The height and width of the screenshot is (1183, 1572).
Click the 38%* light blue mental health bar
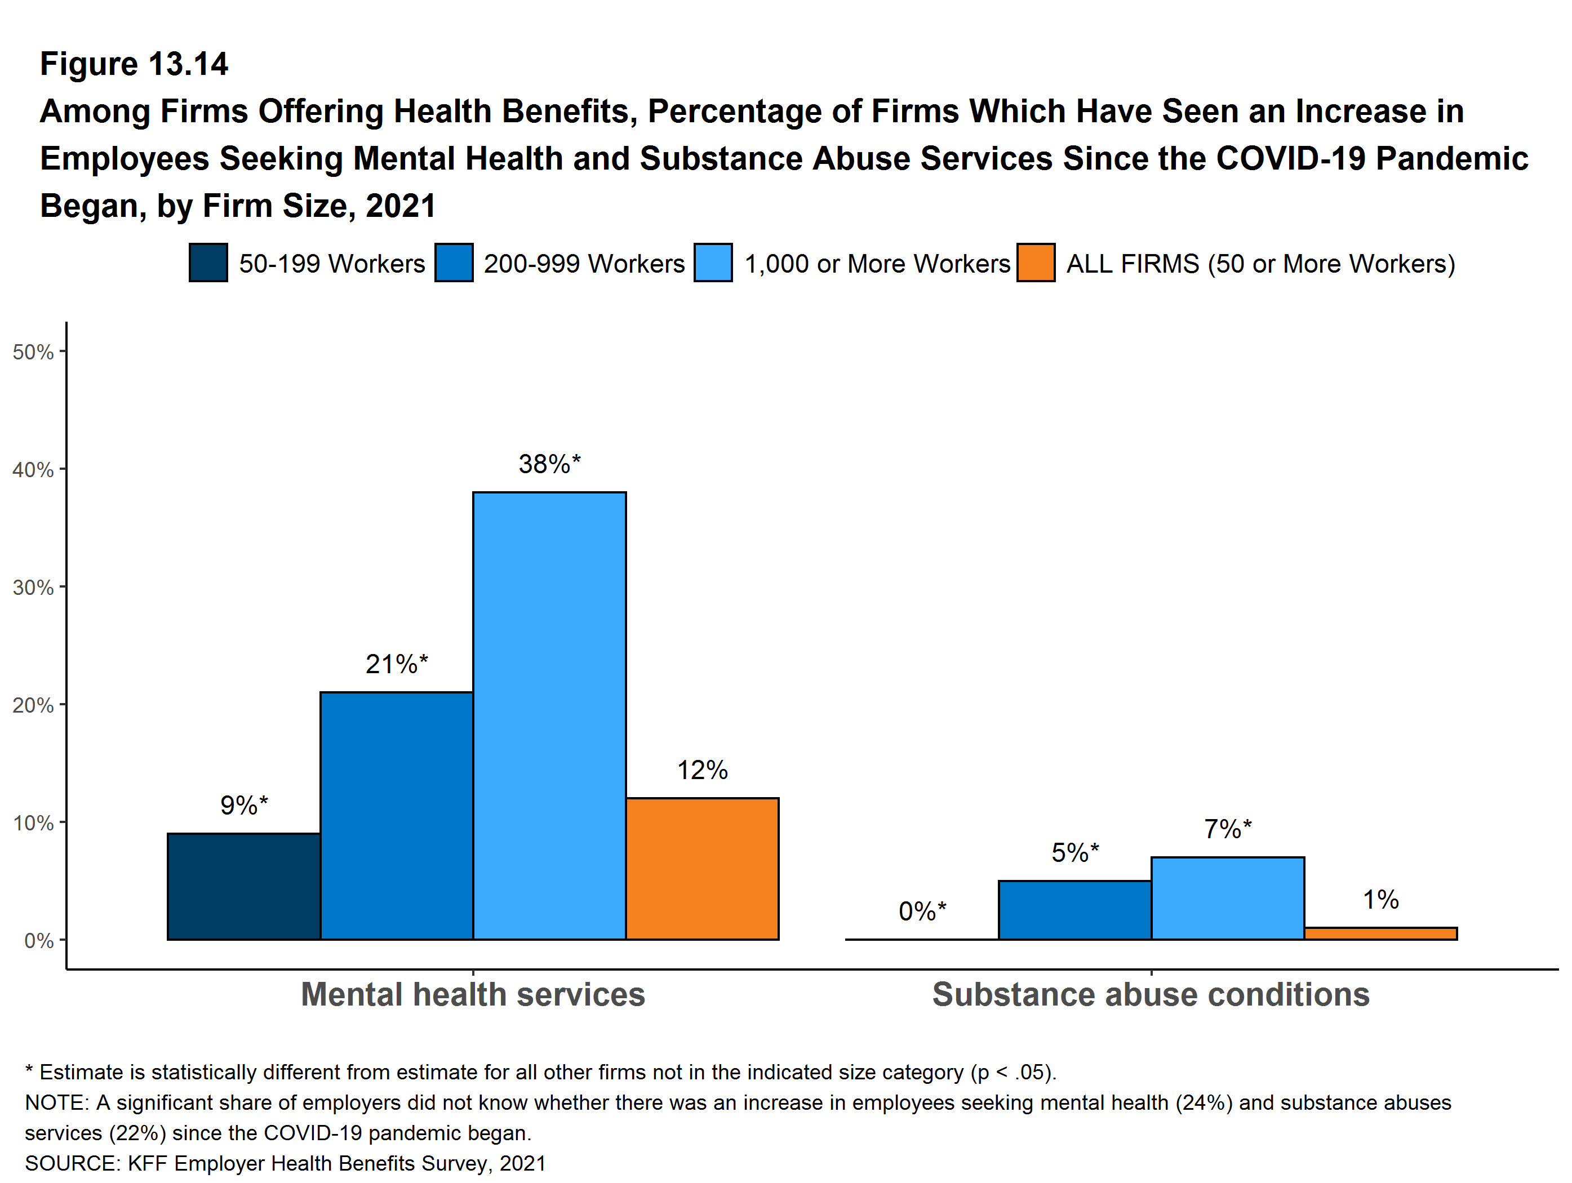(x=549, y=715)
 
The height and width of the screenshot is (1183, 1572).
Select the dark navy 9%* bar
(x=244, y=887)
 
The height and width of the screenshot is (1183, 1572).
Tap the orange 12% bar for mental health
(x=702, y=869)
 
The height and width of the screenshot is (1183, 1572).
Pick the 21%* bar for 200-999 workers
(x=397, y=816)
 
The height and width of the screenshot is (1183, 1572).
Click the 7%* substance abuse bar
(x=1227, y=899)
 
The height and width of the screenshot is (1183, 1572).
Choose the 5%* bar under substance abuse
(x=1074, y=910)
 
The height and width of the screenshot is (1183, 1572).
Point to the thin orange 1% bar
(x=1380, y=933)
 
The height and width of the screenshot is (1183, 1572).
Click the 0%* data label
(x=922, y=911)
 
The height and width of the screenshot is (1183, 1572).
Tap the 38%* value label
(x=549, y=464)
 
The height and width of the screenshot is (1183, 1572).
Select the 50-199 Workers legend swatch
(x=208, y=263)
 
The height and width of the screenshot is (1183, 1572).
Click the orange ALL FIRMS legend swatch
(x=1036, y=263)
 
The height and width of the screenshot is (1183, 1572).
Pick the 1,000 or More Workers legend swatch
(x=713, y=263)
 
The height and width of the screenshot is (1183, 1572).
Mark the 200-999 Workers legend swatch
(x=454, y=263)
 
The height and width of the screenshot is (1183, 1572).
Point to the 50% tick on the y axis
(x=33, y=352)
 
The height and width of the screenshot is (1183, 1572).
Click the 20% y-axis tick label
(x=33, y=705)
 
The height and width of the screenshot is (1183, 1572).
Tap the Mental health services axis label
(x=473, y=994)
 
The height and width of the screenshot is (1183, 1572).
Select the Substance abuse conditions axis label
(x=1151, y=994)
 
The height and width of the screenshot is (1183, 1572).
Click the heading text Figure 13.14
(x=134, y=64)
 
